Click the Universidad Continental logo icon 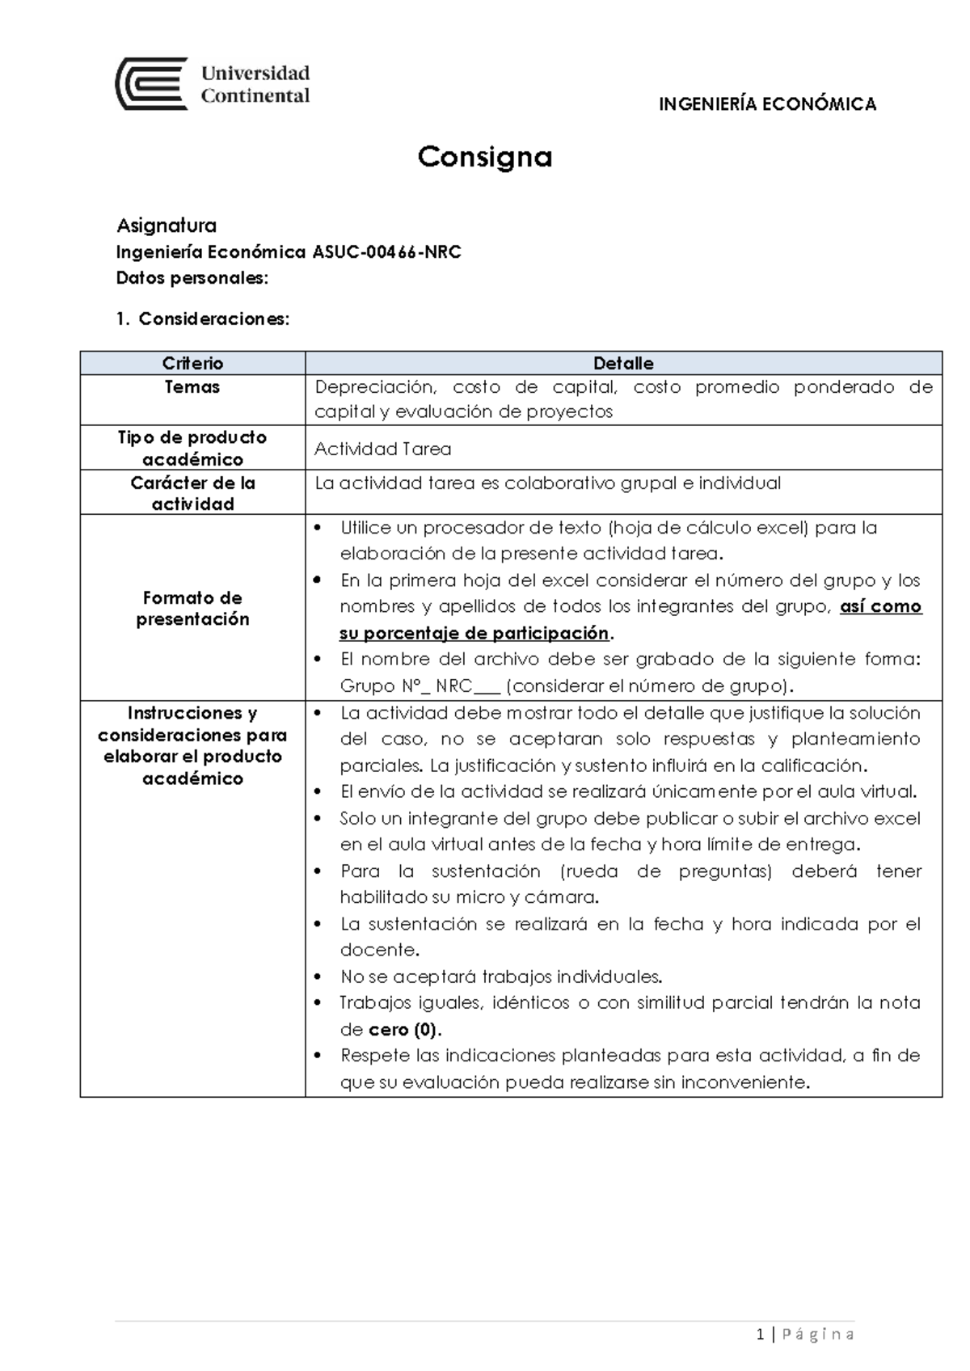pos(152,84)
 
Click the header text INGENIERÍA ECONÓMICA pos(767,104)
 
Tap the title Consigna pos(484,157)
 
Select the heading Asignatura pos(167,225)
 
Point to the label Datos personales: pos(192,278)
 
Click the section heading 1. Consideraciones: pos(202,319)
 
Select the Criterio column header pos(192,364)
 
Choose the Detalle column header pos(622,364)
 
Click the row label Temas pos(192,387)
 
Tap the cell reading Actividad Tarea pos(382,449)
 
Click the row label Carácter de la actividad pos(192,493)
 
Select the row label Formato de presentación pos(192,608)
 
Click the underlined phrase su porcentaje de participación pos(474,633)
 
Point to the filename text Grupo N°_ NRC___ pos(420,686)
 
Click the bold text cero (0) pos(404,1030)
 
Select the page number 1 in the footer pos(761,1334)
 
